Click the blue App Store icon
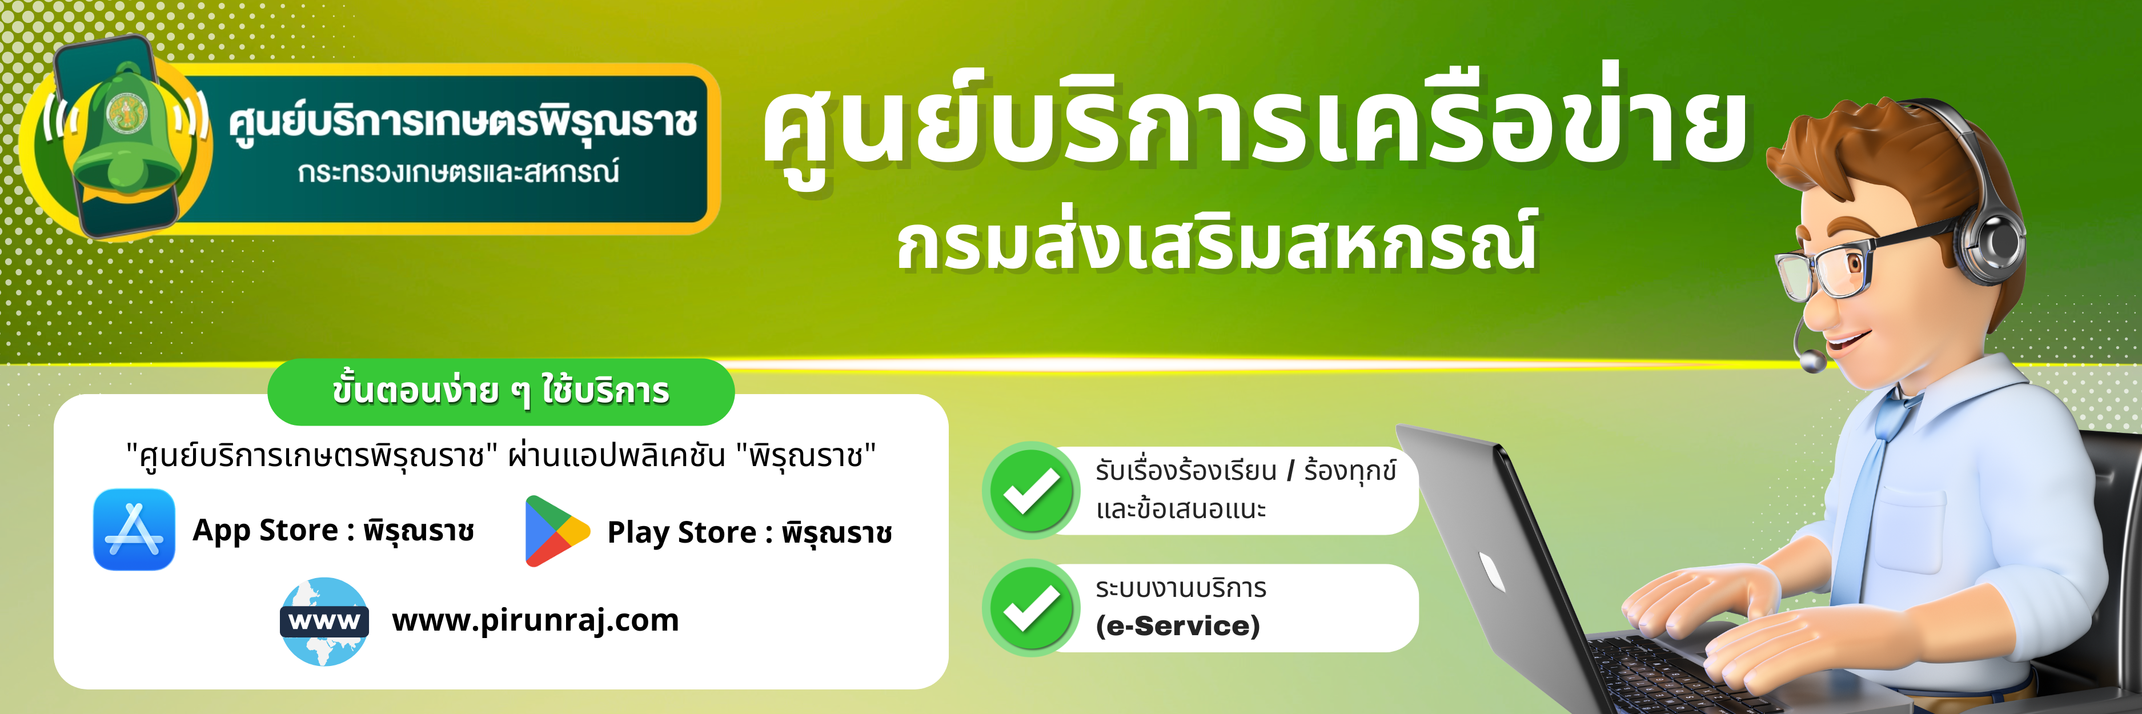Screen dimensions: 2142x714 click(x=134, y=530)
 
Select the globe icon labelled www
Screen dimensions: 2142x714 click(x=324, y=621)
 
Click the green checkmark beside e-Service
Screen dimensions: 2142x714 click(x=1031, y=608)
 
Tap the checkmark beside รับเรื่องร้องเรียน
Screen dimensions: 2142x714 click(x=1031, y=491)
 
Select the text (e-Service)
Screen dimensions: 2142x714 click(x=1177, y=626)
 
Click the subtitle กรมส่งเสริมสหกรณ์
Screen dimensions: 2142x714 click(x=1217, y=242)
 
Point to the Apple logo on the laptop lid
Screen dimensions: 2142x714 click(x=1492, y=573)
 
